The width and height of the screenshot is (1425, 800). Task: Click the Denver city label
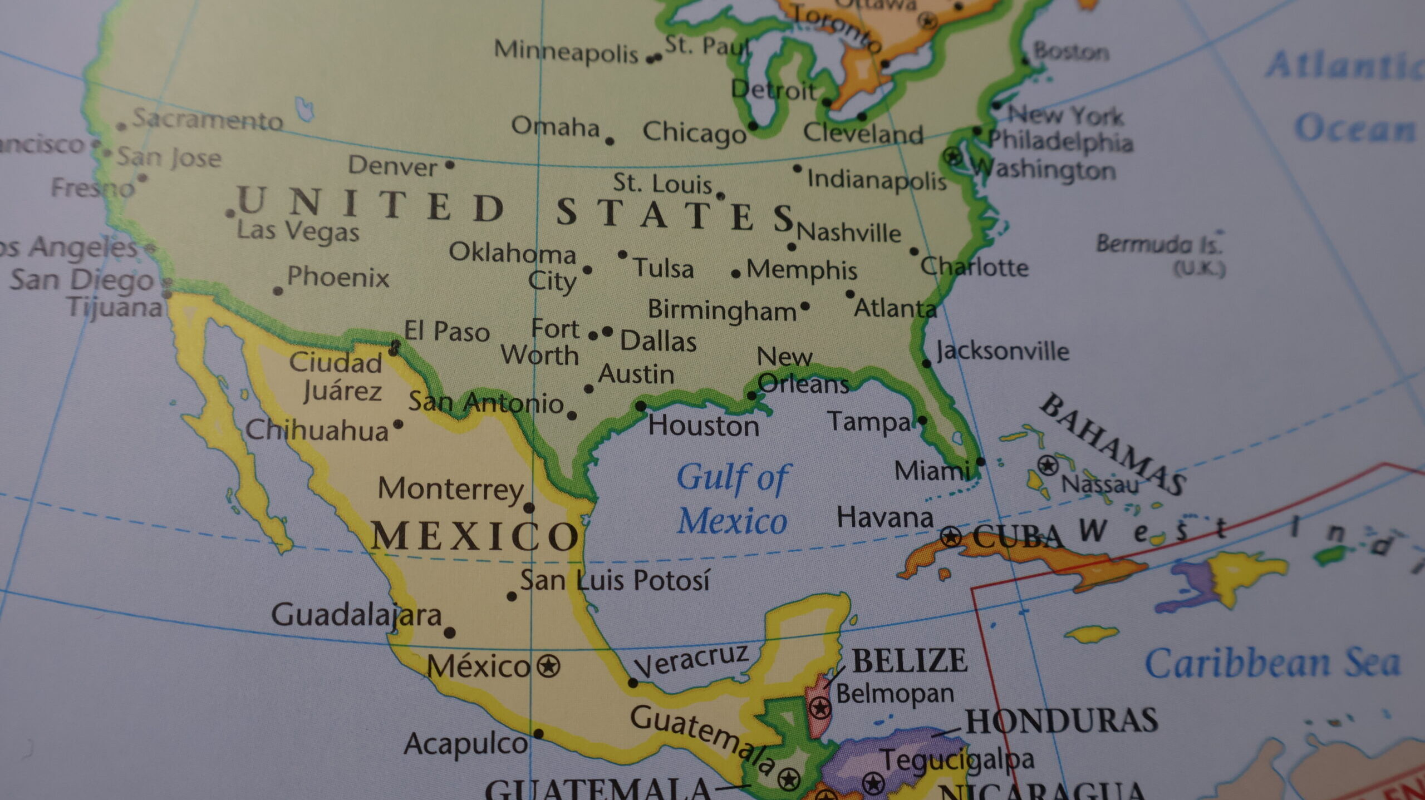[x=392, y=166]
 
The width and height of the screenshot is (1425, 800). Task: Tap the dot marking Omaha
[x=610, y=141]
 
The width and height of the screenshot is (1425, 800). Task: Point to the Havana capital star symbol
[x=951, y=537]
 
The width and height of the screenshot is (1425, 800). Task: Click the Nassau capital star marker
[x=1048, y=465]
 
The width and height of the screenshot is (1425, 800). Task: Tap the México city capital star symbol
[x=548, y=665]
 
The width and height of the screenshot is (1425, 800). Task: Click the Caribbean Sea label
[x=1272, y=664]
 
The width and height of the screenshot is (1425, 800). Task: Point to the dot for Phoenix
[x=278, y=291]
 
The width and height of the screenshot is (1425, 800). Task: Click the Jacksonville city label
[x=1002, y=351]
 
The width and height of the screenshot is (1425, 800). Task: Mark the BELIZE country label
[x=910, y=661]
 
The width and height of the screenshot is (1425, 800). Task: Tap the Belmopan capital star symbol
[x=820, y=708]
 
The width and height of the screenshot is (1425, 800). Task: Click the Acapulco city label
[x=466, y=744]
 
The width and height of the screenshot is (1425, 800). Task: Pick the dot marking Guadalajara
[x=450, y=633]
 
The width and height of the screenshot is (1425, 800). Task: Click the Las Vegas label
[x=298, y=231]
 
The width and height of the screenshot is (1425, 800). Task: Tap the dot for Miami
[x=981, y=461]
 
